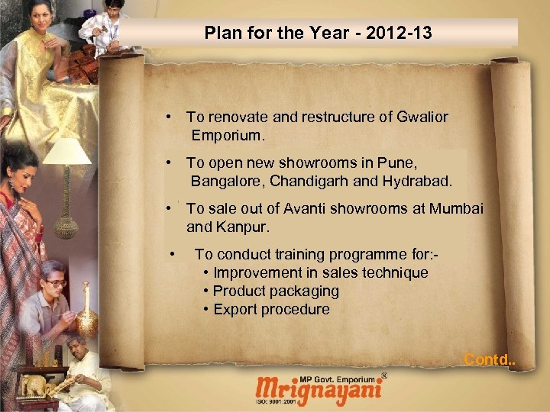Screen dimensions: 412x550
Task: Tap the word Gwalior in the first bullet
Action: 422,117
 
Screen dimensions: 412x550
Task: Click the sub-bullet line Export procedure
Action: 271,309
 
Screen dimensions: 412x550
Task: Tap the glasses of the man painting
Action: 55,282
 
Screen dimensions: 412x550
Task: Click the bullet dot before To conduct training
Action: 175,253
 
